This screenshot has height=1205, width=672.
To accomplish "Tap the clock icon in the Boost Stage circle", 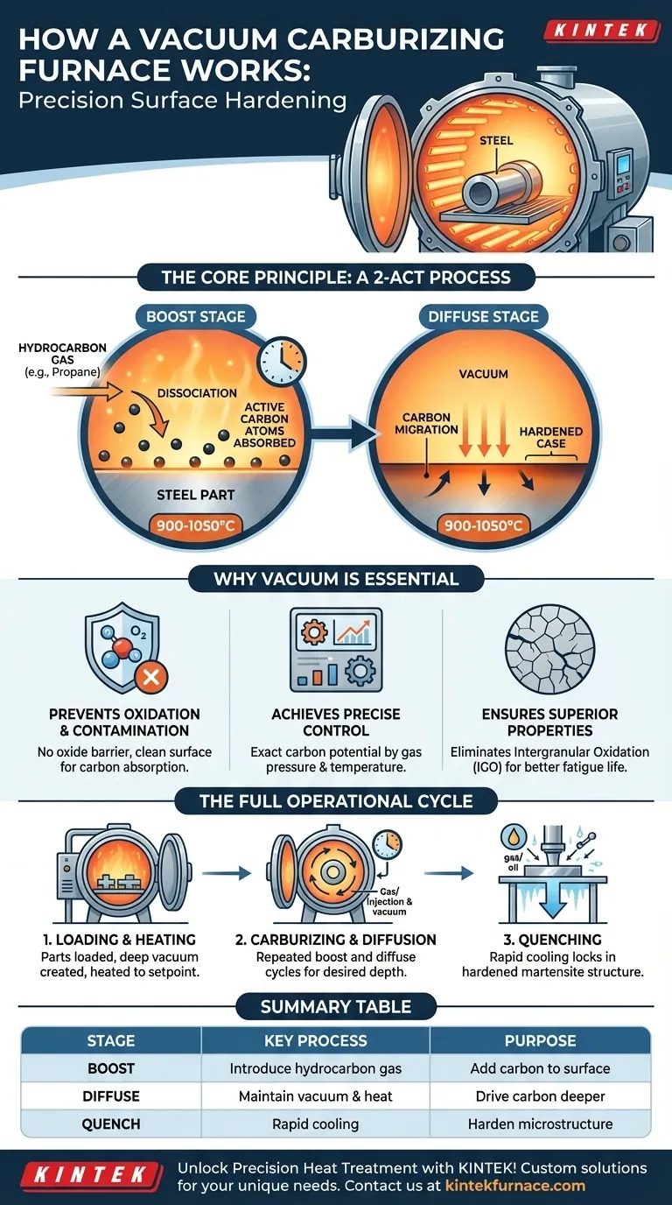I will click(282, 361).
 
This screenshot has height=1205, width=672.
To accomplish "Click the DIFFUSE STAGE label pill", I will click(484, 316).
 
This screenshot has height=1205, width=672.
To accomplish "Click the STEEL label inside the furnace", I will click(496, 139).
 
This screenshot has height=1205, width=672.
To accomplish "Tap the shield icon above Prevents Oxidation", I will click(122, 649).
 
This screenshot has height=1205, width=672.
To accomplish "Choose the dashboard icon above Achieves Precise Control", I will click(335, 651).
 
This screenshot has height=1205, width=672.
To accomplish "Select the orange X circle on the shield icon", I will click(151, 677).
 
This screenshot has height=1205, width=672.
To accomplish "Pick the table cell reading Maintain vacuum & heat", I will click(315, 1096).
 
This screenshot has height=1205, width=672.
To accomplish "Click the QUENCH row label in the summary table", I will click(111, 1124).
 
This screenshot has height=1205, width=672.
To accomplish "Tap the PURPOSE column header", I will click(540, 1041).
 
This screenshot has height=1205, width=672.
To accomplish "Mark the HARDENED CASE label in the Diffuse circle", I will click(545, 438).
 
